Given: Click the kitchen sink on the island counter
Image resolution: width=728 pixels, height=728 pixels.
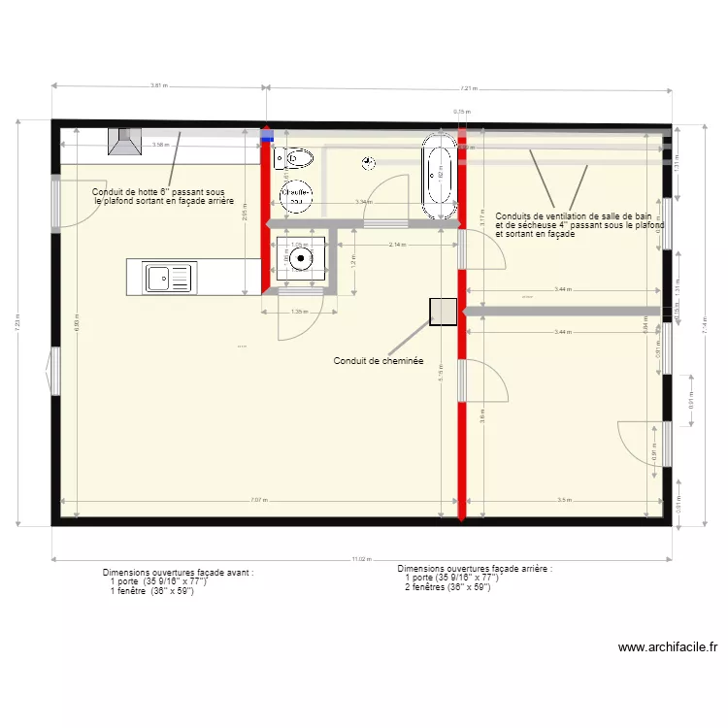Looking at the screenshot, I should (170, 279).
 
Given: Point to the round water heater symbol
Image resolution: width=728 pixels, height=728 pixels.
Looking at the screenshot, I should (296, 195).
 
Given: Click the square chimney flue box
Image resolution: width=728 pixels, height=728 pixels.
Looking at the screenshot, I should (445, 311).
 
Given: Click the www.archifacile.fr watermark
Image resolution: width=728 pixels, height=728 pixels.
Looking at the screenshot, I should (667, 647).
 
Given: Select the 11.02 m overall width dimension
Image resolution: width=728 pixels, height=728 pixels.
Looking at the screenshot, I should (361, 559).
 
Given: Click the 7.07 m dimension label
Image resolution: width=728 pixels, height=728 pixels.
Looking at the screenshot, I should (257, 501).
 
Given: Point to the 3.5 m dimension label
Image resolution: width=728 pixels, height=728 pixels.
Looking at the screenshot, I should (564, 501).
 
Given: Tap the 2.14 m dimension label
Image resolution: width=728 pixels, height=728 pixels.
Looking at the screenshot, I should (397, 245).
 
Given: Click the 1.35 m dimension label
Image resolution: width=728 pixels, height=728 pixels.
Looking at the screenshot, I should (299, 312).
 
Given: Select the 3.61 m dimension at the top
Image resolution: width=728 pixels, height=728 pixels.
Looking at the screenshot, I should (159, 85).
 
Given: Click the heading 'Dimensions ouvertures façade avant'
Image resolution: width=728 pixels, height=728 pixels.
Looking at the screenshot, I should (178, 574).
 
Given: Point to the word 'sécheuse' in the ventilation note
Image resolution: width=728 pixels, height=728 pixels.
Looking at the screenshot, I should (530, 225).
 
